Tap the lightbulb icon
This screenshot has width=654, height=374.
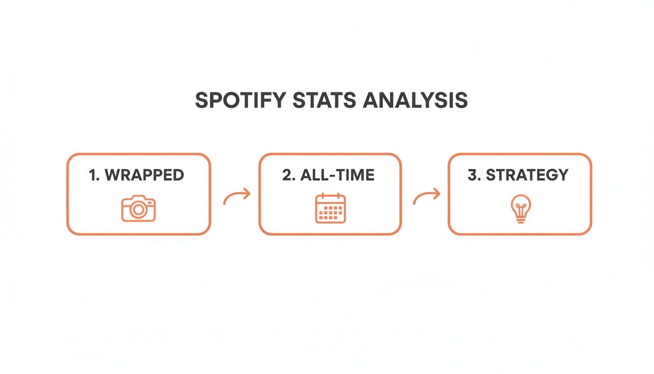click(520, 209)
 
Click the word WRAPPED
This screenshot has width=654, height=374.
click(145, 175)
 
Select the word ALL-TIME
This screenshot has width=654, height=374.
click(337, 175)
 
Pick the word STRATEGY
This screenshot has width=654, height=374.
click(527, 175)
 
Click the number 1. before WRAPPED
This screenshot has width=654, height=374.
click(94, 175)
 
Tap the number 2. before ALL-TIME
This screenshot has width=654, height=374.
click(289, 175)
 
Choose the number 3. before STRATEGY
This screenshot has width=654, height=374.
click(473, 175)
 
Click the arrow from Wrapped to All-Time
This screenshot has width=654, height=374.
click(236, 197)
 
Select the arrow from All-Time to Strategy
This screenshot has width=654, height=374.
click(426, 197)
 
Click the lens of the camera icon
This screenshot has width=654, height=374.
click(138, 210)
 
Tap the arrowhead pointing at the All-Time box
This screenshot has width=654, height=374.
click(247, 194)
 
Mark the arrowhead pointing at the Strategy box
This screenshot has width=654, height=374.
click(436, 194)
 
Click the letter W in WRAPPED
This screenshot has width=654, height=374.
click(112, 175)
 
